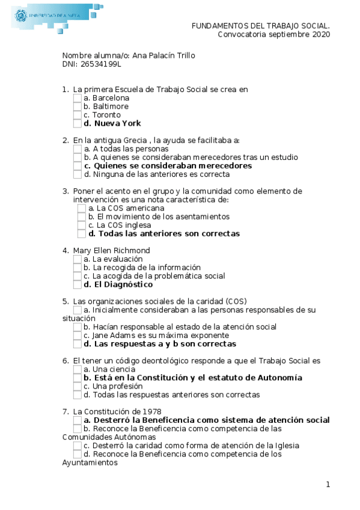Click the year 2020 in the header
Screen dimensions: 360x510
click(320, 34)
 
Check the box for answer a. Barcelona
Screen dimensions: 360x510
click(78, 98)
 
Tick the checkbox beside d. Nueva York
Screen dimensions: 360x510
click(78, 123)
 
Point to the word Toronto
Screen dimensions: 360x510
click(106, 115)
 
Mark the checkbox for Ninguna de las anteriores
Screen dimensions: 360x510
click(78, 174)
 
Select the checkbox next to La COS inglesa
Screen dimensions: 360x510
click(82, 226)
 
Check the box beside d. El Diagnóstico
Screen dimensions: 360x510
click(78, 284)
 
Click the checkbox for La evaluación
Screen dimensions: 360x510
click(78, 259)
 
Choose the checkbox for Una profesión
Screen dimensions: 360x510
click(78, 387)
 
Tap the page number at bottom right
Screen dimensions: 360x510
click(328, 485)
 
